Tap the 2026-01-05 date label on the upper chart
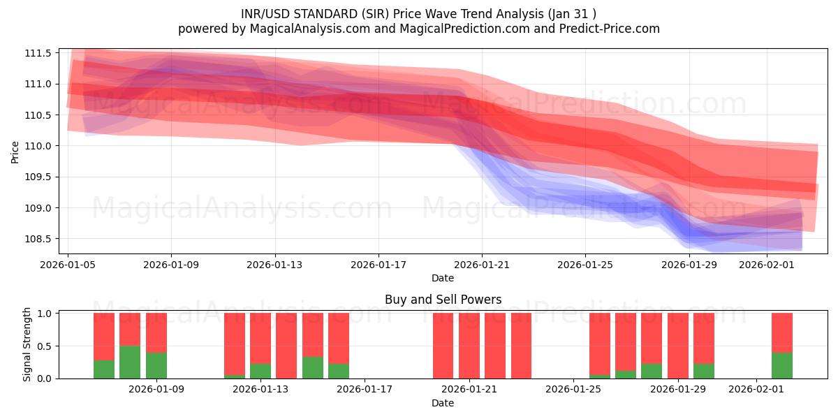[x=68, y=265]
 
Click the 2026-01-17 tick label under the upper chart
[x=378, y=265]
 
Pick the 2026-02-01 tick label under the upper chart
[x=767, y=265]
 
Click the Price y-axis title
[x=15, y=152]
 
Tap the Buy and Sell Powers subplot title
[x=443, y=300]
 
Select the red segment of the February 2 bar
[x=782, y=332]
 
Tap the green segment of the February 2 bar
[x=782, y=365]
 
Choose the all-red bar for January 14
[x=286, y=346]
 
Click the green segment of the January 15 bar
[x=313, y=367]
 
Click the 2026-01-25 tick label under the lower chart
[x=573, y=389]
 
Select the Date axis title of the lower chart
[x=443, y=403]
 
